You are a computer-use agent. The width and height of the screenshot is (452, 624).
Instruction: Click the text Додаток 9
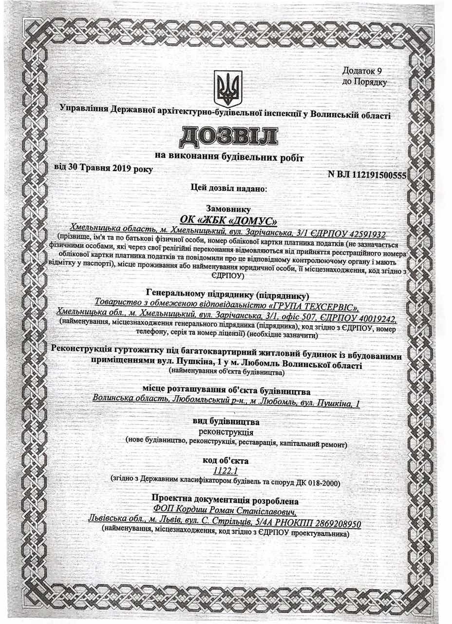pyautogui.click(x=364, y=72)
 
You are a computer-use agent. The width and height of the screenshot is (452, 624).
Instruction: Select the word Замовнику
pyautogui.click(x=227, y=209)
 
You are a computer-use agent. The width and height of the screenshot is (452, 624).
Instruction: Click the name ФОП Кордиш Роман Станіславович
pyautogui.click(x=227, y=512)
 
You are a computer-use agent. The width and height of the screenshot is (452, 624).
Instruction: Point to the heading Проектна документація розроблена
pyautogui.click(x=226, y=501)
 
